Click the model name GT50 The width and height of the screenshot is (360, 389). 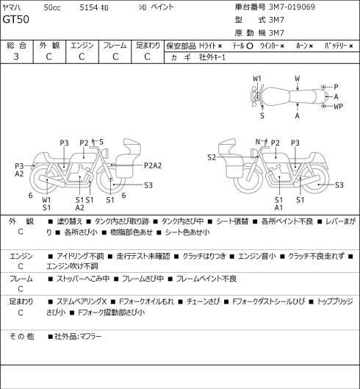click(15, 19)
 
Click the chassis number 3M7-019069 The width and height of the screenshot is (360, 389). click(292, 7)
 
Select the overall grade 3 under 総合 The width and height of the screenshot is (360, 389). click(16, 57)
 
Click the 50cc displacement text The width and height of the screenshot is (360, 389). click(52, 7)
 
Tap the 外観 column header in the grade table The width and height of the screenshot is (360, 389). click(49, 45)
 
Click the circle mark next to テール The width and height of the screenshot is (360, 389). click(250, 46)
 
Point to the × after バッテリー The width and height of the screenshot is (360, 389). click(351, 46)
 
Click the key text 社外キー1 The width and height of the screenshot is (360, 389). click(212, 57)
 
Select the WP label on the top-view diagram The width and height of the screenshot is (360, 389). click(338, 107)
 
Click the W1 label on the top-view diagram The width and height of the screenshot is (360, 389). click(257, 79)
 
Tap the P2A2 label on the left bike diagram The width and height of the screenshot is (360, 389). click(153, 165)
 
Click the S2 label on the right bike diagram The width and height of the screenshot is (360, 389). click(212, 157)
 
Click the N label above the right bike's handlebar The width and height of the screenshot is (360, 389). click(258, 142)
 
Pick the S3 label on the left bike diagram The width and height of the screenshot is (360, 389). click(148, 185)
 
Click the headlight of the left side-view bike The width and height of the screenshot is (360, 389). click(105, 152)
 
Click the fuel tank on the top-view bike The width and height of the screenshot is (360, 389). click(276, 97)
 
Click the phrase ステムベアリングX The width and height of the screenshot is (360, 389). click(82, 301)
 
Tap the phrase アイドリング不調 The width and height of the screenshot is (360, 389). click(80, 256)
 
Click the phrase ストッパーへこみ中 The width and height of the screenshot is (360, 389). click(83, 279)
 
